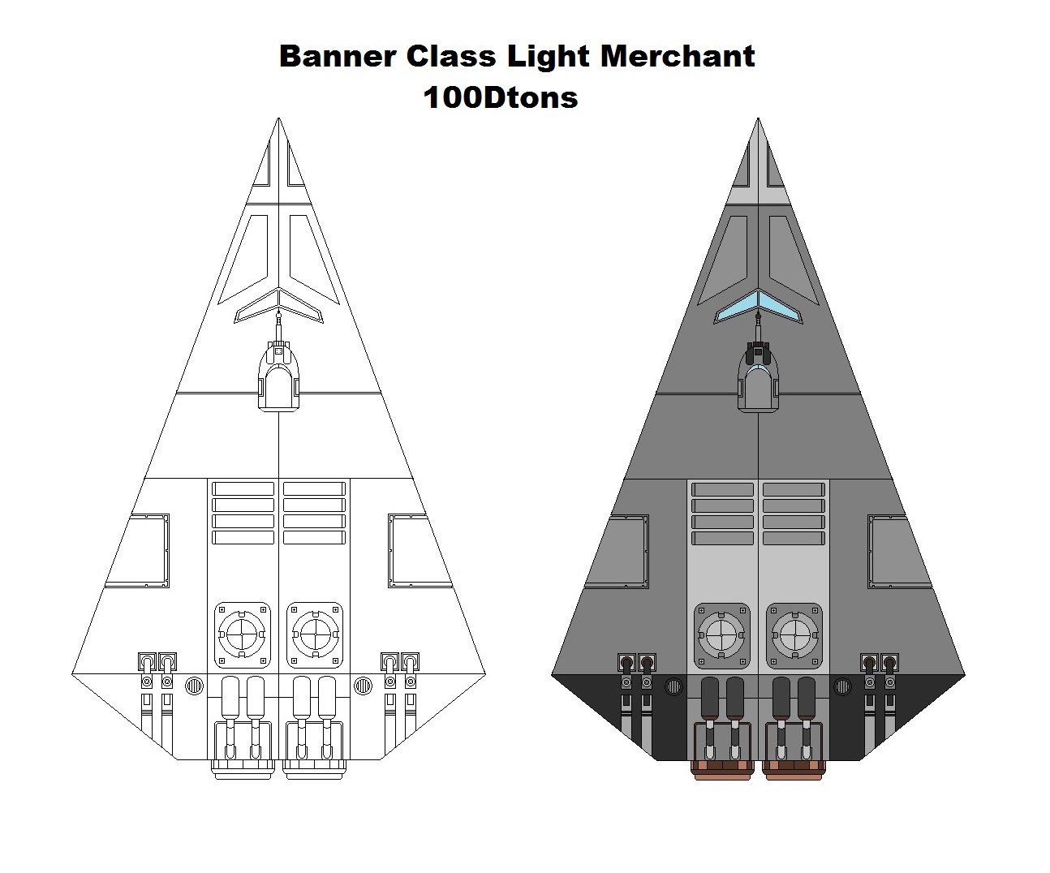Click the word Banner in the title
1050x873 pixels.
(337, 57)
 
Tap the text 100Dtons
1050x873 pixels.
(501, 98)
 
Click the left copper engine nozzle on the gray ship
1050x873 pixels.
(721, 768)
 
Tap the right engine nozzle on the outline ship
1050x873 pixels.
(315, 768)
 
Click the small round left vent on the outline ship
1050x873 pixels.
(194, 687)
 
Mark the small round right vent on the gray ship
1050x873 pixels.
(841, 687)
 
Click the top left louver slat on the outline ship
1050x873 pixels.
(243, 489)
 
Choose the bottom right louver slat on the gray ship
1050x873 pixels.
(794, 538)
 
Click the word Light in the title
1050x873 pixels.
(549, 57)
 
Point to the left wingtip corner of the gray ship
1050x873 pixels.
(553, 673)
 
